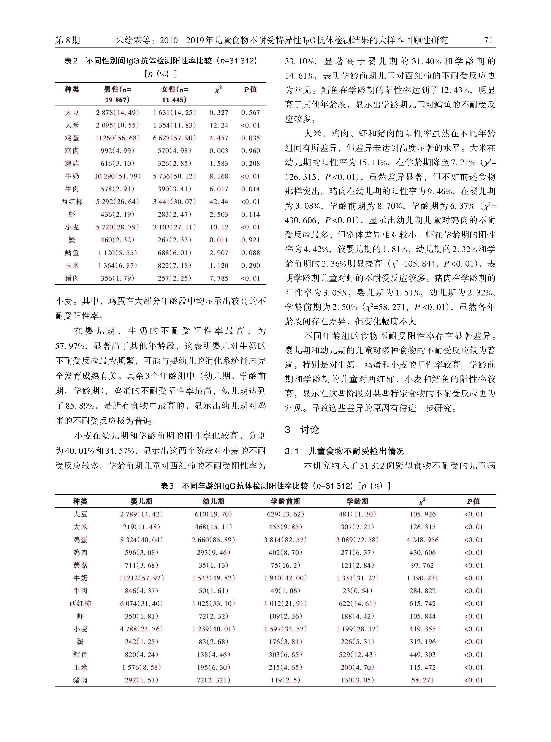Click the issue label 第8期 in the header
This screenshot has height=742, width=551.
68,40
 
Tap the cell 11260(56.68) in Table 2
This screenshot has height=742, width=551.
117,138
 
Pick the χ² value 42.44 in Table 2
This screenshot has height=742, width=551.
219,202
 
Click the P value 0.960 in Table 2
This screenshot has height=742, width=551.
250,151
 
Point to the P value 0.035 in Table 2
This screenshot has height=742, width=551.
250,138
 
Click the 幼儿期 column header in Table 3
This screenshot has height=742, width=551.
214,501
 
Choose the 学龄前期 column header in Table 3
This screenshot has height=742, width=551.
285,501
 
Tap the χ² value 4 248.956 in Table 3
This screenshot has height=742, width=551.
422,540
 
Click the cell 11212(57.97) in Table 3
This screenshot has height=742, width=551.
141,578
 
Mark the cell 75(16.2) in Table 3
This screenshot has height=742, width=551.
285,565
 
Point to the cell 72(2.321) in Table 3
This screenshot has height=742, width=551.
214,680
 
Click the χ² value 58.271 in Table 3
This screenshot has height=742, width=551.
422,680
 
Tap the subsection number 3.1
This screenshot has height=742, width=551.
292,451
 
